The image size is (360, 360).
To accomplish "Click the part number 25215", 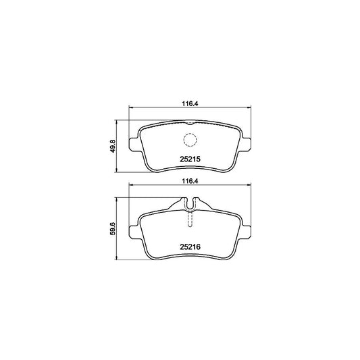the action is pyautogui.click(x=190, y=159).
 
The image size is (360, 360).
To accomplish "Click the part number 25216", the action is pyautogui.click(x=190, y=247).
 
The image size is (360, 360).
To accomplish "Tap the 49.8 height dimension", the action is pyautogui.click(x=113, y=147).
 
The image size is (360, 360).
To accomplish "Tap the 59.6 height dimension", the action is pyautogui.click(x=113, y=229).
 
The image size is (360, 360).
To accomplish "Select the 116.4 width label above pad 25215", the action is pyautogui.click(x=190, y=104).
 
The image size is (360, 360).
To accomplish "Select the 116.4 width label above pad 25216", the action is pyautogui.click(x=190, y=182).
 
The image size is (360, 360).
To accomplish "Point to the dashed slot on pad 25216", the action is pyautogui.click(x=190, y=219).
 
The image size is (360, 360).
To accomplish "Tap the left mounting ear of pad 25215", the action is pyautogui.click(x=133, y=145).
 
